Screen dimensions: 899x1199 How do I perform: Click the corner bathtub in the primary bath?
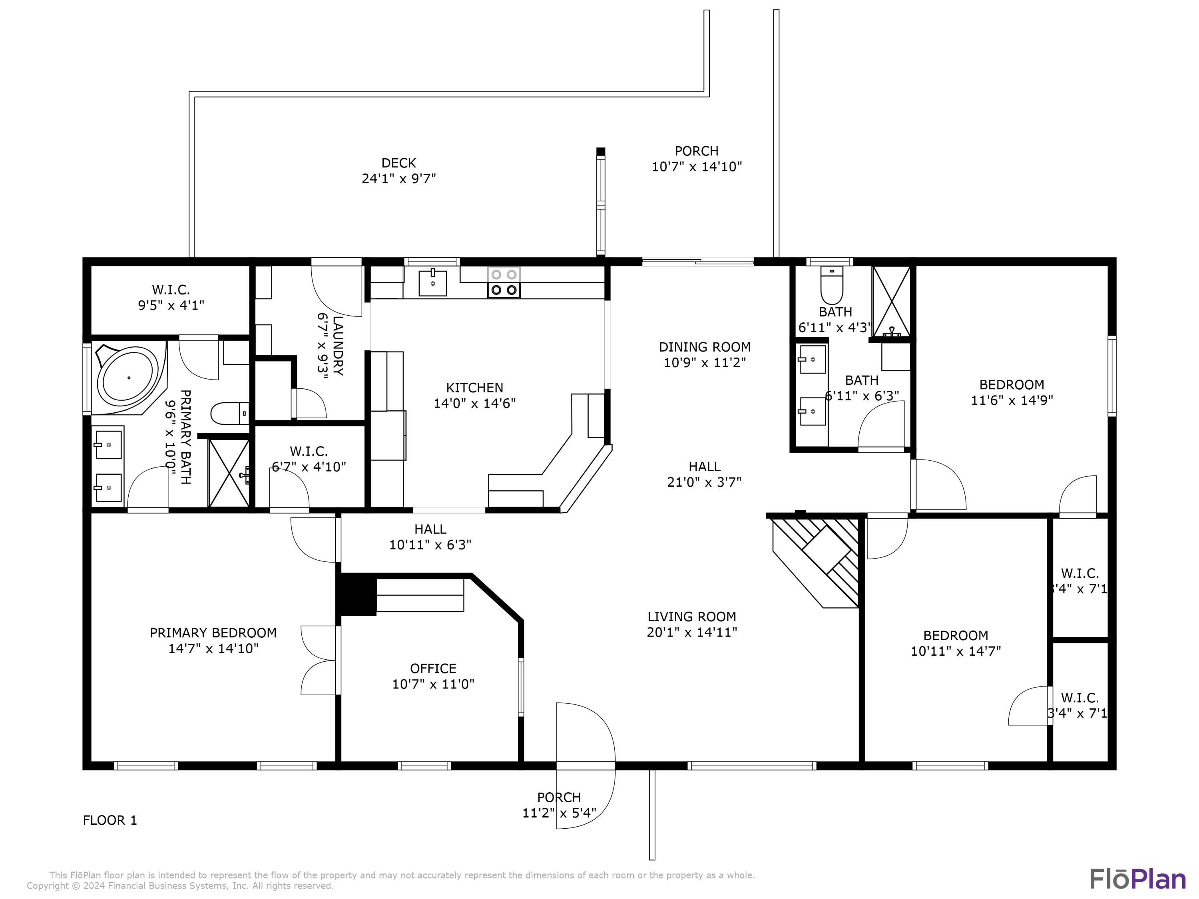click(x=129, y=377)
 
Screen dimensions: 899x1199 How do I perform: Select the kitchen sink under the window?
click(x=432, y=283)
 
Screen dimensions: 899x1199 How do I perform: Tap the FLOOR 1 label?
click(x=110, y=820)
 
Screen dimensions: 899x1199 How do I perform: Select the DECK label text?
click(x=398, y=163)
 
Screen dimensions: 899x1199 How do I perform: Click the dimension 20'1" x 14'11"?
click(x=692, y=632)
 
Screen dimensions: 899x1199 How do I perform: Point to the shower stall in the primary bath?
click(x=229, y=473)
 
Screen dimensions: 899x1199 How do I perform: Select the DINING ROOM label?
click(x=705, y=347)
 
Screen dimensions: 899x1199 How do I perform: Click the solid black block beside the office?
click(x=356, y=595)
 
